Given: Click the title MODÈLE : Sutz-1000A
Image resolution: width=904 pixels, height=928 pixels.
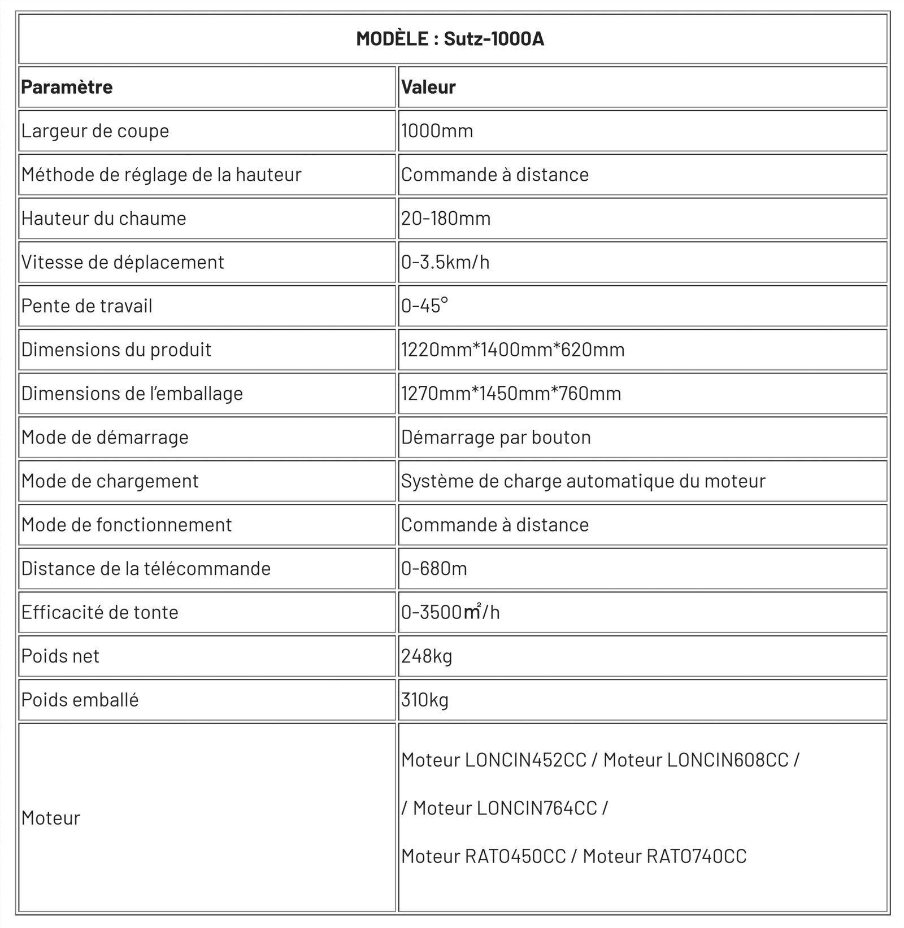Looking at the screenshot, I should pos(450,39).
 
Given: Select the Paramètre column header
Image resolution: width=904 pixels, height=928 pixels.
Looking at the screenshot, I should pos(67,87).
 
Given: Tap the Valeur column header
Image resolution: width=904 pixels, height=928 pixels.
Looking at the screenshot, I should pos(428,87).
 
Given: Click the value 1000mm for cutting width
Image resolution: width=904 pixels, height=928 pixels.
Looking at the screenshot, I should pos(437,131).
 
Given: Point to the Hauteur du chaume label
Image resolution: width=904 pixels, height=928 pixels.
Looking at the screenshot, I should pos(103,219).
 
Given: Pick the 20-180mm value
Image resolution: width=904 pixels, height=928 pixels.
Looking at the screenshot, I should pos(446,219).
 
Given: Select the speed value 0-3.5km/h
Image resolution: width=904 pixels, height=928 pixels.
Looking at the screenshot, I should pos(445,262).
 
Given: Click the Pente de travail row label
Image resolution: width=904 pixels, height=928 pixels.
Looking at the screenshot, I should pos(86,306).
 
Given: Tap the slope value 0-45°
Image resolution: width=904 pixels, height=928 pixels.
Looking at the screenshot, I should pos(424,306).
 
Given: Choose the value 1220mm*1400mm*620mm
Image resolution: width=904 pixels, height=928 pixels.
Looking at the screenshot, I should pos(512,350).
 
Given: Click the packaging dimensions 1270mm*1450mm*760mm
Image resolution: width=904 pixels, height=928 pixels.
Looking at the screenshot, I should pos(511,394).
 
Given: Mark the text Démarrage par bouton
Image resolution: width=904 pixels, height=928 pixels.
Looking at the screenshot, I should pos(496,437).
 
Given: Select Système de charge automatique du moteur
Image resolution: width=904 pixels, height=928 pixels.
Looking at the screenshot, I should pos(583,481).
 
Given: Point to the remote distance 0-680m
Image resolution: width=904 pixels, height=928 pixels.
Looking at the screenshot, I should pos(434,569).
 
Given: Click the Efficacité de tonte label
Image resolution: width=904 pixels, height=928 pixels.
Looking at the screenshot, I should pos(99,612).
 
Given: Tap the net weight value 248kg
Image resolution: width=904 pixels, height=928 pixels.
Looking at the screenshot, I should pos(427,656).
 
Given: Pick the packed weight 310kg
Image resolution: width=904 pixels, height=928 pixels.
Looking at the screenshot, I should pos(425,700).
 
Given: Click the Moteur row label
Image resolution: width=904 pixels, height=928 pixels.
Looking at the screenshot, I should pos(51,818).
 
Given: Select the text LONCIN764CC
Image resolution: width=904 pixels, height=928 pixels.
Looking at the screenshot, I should pos(537,808).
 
